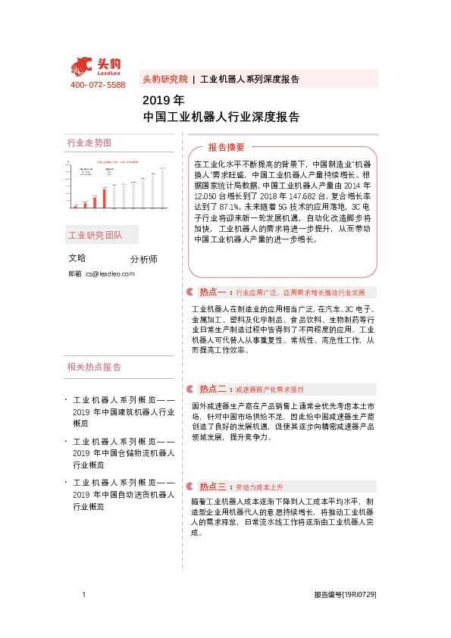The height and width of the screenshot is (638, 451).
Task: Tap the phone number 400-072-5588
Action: coord(98,85)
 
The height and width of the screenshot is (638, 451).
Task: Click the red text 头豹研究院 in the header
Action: coord(164,79)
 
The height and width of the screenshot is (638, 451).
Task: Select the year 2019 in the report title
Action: coord(153,100)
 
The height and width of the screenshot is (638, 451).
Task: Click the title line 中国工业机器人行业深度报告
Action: coord(221,117)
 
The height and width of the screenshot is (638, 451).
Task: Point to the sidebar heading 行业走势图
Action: coord(89,143)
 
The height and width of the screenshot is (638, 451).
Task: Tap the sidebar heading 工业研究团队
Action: coord(95,235)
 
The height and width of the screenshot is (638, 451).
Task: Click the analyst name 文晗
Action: coord(77,258)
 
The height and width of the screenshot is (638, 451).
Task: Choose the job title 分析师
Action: coord(144,258)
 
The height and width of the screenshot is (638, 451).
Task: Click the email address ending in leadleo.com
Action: coord(108,273)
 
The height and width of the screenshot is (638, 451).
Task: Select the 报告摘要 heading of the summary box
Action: coord(227,147)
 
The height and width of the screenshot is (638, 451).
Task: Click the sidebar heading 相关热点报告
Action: coord(94,367)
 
